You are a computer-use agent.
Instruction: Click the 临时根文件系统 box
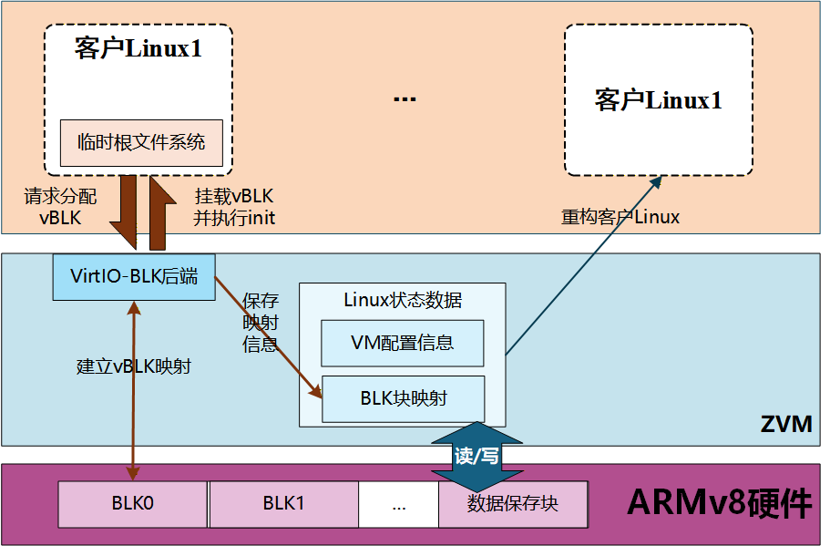141,142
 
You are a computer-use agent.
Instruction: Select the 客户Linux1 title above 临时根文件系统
138,49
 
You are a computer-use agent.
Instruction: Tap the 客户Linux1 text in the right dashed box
658,100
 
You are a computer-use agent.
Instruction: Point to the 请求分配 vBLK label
60,207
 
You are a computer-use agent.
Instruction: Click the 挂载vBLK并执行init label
233,207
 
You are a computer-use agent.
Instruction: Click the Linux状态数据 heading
402,300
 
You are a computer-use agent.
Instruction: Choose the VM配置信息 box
402,344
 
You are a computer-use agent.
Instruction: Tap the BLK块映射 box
403,398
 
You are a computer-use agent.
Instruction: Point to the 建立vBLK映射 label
133,366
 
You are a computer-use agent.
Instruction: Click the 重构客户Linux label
620,217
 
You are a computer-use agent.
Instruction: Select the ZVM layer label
785,425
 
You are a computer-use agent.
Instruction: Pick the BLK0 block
133,504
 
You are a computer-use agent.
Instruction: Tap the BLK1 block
283,504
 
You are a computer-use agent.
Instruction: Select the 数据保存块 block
512,504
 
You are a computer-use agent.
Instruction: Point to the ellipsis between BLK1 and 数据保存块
398,504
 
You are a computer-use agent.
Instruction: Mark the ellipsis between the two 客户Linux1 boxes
405,99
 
